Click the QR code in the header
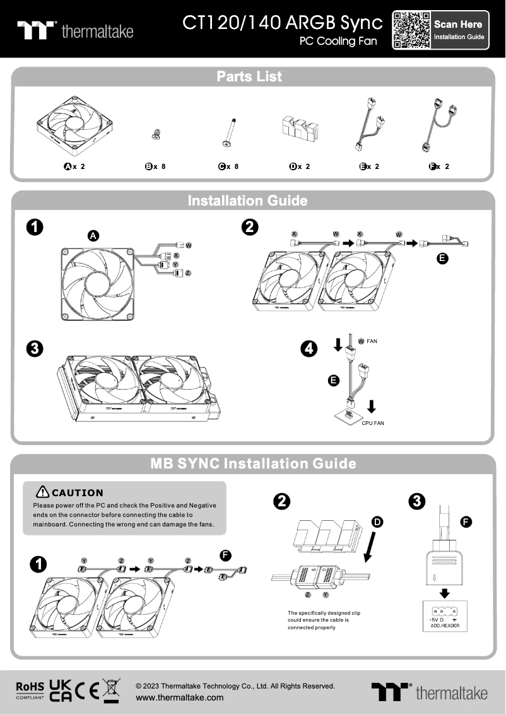click(x=412, y=30)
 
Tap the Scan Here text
click(x=458, y=24)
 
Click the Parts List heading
click(x=249, y=76)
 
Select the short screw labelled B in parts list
click(x=155, y=133)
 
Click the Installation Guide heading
click(x=247, y=201)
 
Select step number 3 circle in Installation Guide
click(x=35, y=348)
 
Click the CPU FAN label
click(x=372, y=423)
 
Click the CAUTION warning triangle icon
click(x=43, y=492)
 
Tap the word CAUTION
click(x=77, y=492)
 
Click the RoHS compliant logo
click(x=30, y=690)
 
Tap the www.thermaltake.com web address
click(x=180, y=697)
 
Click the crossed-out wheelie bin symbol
click(x=112, y=690)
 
